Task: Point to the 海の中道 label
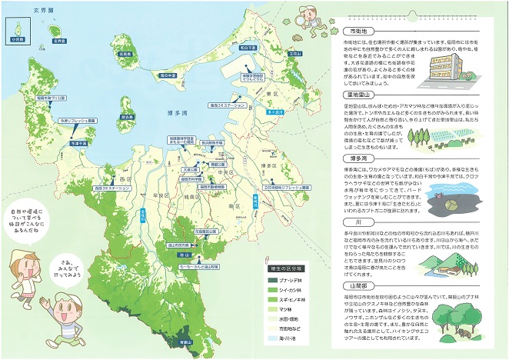coord(169,75)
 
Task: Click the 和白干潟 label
coord(248,48)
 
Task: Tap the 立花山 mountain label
coord(296,55)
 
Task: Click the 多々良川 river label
coord(270,112)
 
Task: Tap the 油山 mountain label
coord(185,255)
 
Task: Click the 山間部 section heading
coord(359,285)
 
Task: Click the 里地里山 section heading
coord(359,95)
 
